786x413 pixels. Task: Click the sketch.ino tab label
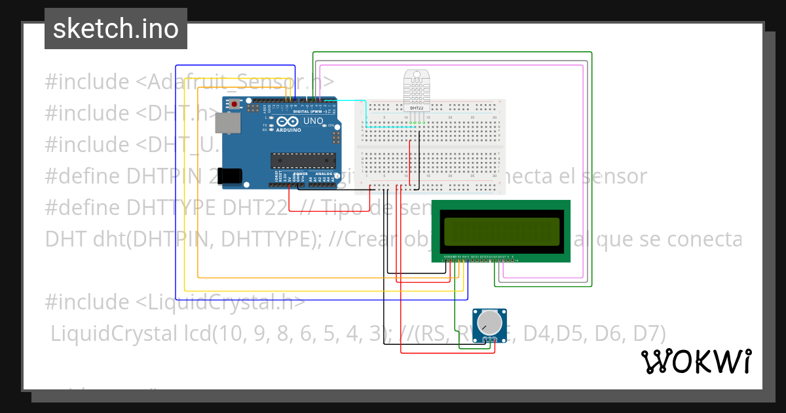click(x=115, y=29)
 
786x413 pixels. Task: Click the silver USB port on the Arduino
click(x=228, y=123)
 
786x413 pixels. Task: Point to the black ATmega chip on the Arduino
click(x=303, y=160)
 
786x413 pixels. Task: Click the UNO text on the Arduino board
click(x=313, y=121)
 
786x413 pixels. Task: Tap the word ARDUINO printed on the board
click(x=289, y=130)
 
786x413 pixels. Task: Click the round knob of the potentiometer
click(x=489, y=323)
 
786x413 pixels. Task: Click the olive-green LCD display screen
click(x=501, y=231)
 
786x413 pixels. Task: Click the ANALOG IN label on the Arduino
click(x=323, y=174)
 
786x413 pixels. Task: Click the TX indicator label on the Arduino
click(x=265, y=125)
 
